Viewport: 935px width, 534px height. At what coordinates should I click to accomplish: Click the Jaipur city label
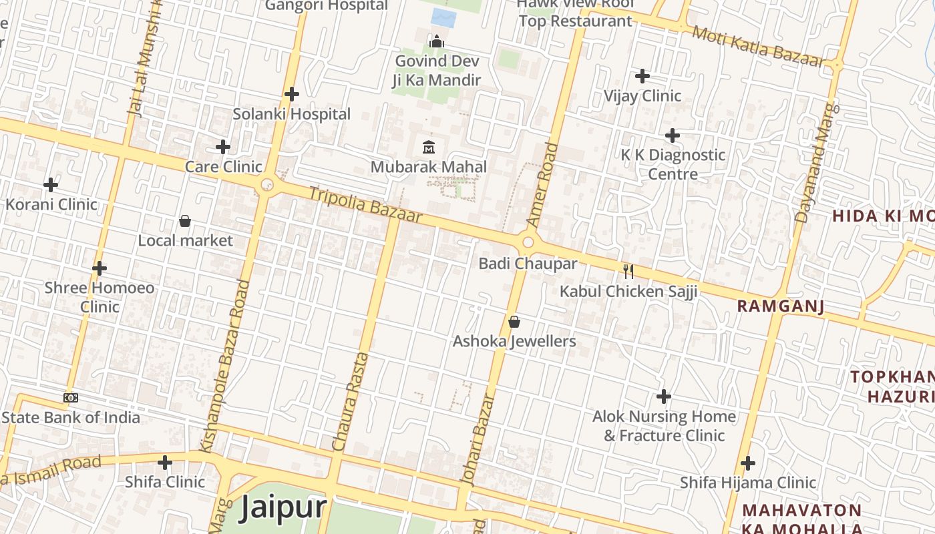(x=283, y=507)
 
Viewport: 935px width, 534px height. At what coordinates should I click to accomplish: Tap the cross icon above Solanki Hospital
(x=292, y=94)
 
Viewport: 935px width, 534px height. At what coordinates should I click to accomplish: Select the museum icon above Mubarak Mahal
(x=429, y=147)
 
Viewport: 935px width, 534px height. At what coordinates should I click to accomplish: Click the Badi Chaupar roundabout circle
(x=528, y=242)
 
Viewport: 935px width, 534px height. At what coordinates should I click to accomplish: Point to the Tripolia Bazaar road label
(x=365, y=204)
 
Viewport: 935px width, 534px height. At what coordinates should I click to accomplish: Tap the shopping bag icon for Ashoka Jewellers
(x=514, y=322)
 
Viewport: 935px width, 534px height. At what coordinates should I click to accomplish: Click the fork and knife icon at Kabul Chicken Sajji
(x=628, y=271)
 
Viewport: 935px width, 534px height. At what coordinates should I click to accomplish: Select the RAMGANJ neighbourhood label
(x=780, y=306)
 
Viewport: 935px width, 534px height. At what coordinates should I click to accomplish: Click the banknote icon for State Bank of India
(x=71, y=398)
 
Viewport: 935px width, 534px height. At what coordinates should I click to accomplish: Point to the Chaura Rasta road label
(x=351, y=400)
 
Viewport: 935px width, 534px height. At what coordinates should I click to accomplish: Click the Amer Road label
(x=542, y=184)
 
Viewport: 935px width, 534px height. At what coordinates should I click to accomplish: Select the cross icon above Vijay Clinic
(x=642, y=76)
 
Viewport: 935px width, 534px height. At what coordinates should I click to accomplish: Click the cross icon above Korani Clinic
(x=51, y=184)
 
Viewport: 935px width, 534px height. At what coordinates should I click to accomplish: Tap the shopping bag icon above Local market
(x=185, y=220)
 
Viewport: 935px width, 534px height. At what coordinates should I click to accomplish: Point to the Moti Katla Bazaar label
(x=758, y=47)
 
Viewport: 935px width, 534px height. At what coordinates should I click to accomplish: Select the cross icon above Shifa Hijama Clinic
(x=748, y=463)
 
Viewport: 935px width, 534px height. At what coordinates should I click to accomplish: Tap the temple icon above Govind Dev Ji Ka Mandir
(x=437, y=42)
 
